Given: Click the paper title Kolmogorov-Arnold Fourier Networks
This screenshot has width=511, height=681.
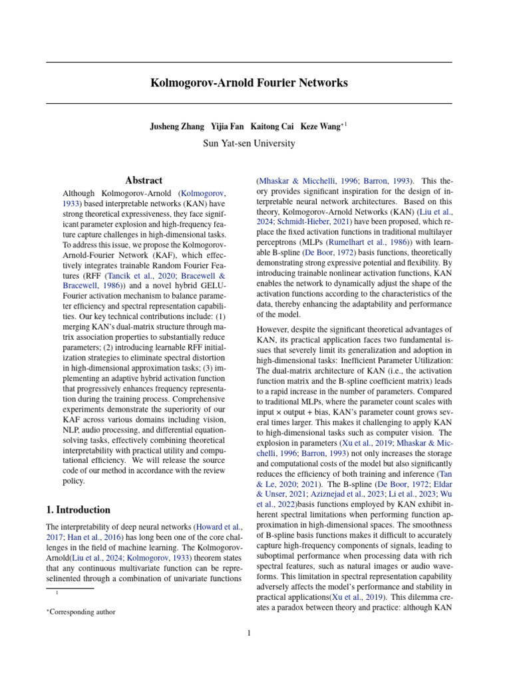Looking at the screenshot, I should coord(249,83).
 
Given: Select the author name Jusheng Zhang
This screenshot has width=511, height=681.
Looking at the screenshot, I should coord(178,126).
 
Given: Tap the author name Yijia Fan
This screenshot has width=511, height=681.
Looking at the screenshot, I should coord(227,126).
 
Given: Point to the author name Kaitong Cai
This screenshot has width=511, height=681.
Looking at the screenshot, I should coord(271,126).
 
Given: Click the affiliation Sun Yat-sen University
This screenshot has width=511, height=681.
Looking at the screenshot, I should coord(249,142).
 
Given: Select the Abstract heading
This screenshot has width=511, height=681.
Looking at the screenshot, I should coord(144,180).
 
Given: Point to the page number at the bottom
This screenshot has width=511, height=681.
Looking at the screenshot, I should coord(249,633).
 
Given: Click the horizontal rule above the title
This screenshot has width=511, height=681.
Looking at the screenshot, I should coord(249,63).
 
